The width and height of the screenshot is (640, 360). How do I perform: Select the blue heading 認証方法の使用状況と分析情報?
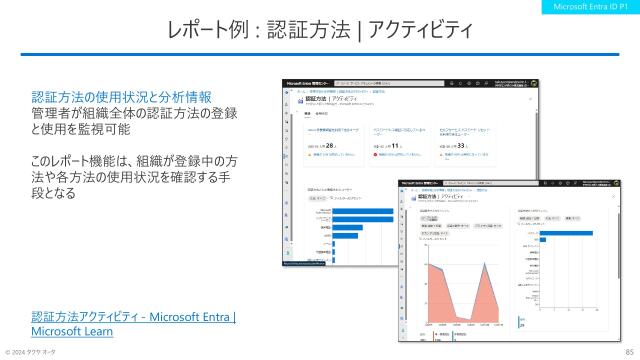121,97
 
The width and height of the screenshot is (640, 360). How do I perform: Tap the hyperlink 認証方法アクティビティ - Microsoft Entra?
133,318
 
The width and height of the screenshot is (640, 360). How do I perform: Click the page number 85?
627,352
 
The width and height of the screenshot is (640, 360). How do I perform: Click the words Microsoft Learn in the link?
72,331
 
